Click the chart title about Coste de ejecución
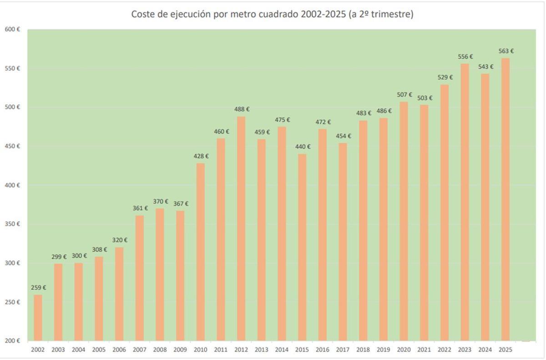[272, 15]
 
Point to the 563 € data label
[506, 51]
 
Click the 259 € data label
[39, 288]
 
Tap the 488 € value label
[242, 109]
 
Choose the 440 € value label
[303, 147]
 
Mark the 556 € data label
[465, 57]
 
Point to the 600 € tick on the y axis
[12, 30]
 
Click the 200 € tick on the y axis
[12, 341]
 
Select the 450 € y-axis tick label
[12, 146]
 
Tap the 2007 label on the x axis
[139, 350]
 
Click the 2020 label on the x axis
[404, 350]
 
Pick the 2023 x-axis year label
[465, 350]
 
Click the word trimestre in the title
[392, 15]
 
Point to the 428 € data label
[201, 156]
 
